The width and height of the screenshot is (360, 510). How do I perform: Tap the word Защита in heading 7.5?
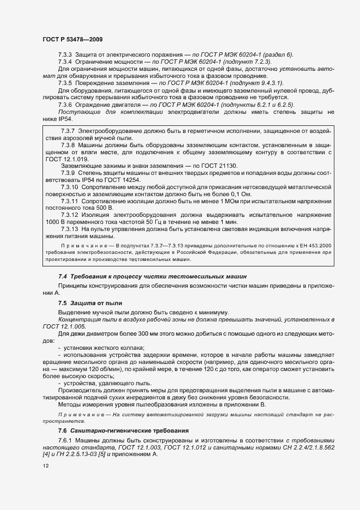pyautogui.click(x=81, y=302)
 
